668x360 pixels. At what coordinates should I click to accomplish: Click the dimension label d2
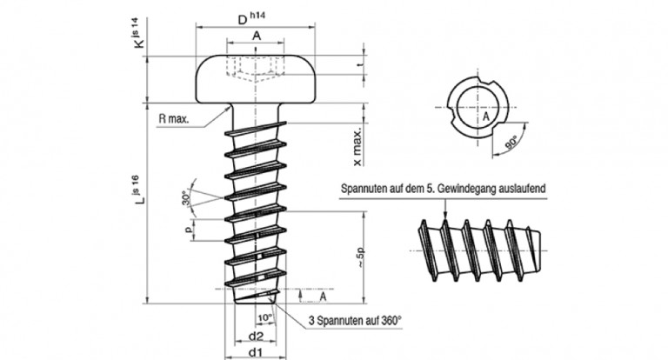(x=256, y=336)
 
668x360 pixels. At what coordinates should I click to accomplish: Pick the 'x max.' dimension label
(x=357, y=148)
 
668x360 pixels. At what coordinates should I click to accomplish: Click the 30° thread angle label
(x=184, y=198)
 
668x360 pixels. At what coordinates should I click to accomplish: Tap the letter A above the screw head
(x=257, y=36)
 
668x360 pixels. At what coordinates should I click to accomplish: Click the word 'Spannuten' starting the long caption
(x=364, y=188)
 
